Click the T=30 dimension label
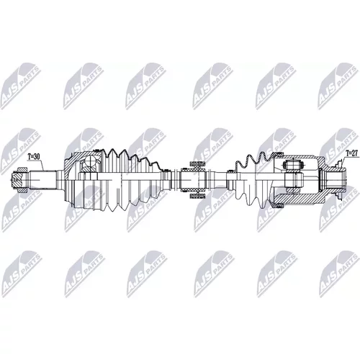coord(33,157)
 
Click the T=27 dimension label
coord(350,153)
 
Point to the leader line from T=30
coord(42,165)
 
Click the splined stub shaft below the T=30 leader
coord(42,179)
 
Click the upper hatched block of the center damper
coord(197,164)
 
